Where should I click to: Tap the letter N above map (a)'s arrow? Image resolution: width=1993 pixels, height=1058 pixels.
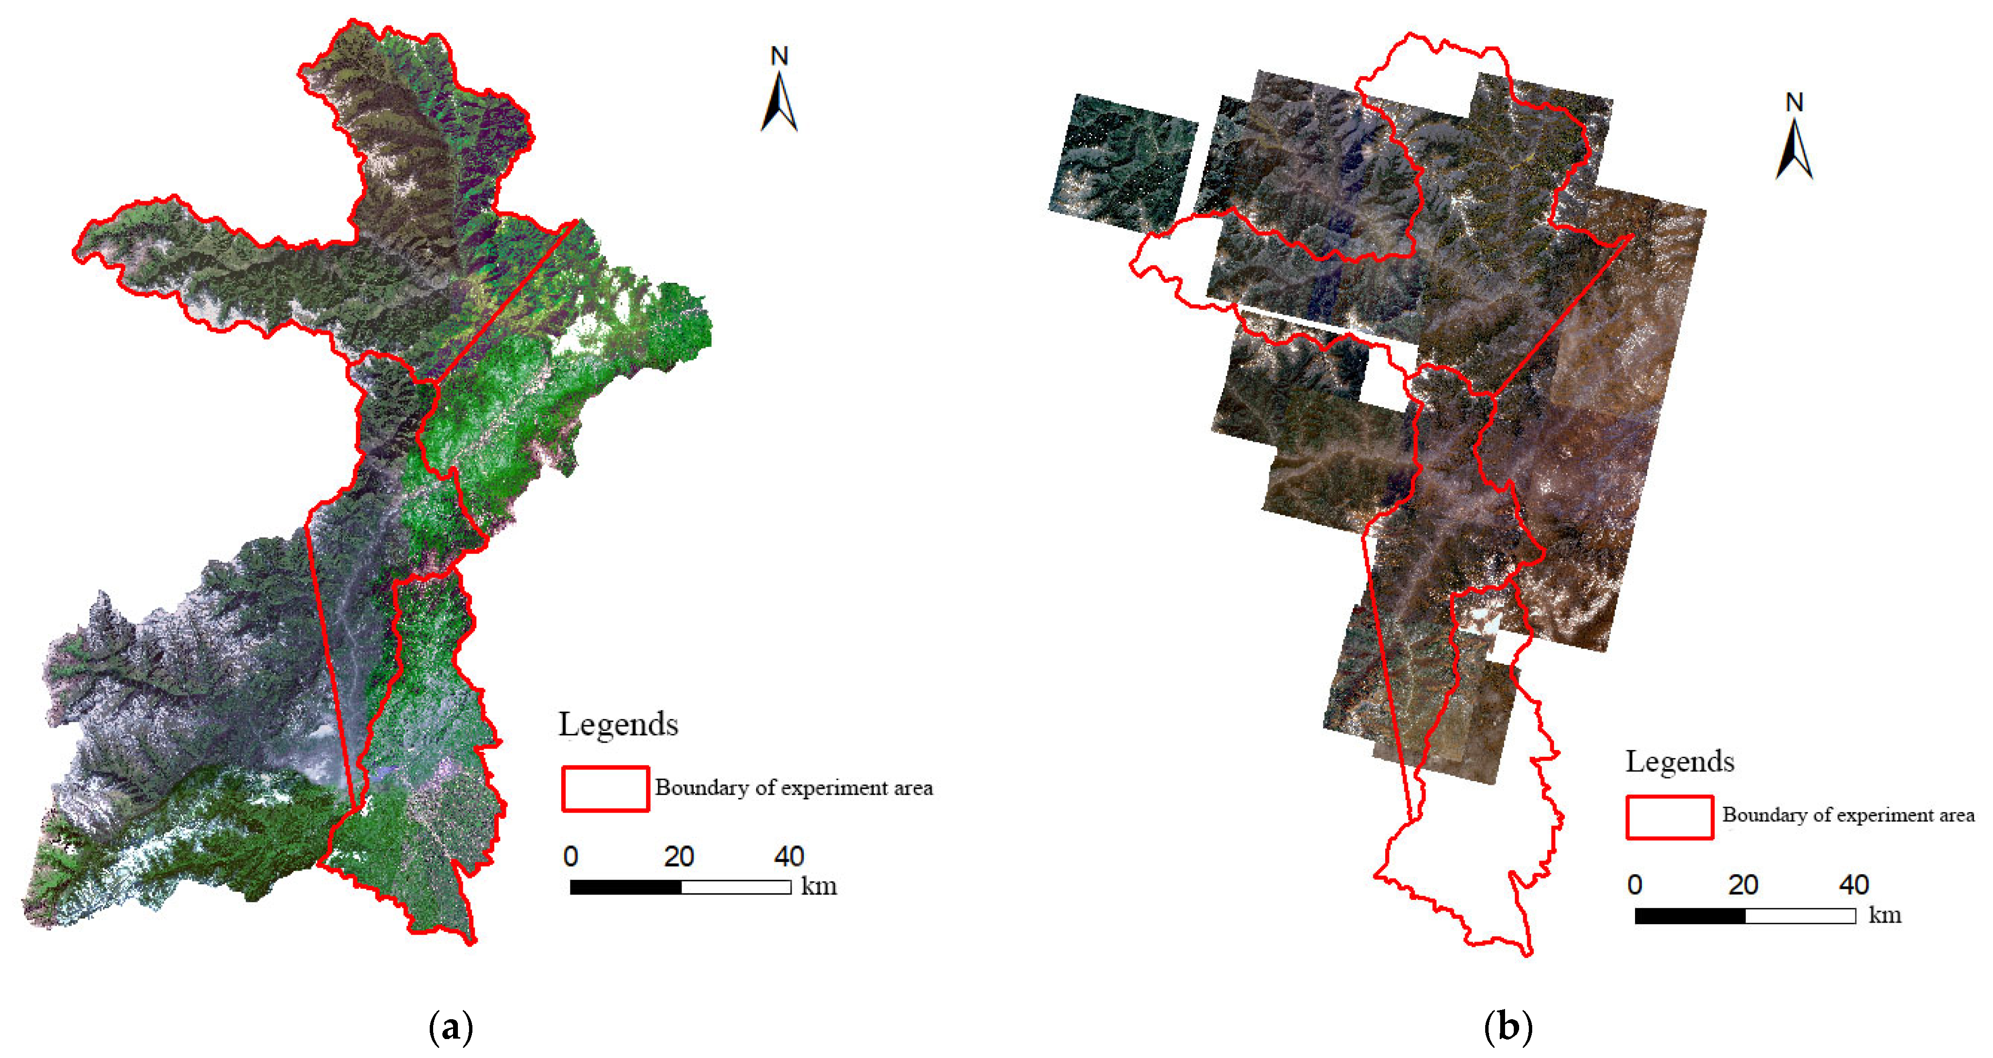click(779, 56)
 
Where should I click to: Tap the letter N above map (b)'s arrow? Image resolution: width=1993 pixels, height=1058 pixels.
click(1794, 102)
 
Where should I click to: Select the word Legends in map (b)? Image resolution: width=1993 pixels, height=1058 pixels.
click(1680, 762)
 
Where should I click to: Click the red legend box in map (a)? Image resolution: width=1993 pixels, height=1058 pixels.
click(605, 789)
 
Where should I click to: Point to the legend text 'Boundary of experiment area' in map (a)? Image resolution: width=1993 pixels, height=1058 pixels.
click(794, 788)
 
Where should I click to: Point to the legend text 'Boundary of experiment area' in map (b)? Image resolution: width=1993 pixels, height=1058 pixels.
click(1847, 815)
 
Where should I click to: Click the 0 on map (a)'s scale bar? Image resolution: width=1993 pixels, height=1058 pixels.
click(571, 856)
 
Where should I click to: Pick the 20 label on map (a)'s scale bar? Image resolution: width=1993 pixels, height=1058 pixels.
click(679, 856)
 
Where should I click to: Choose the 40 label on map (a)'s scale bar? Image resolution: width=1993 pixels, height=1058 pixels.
click(789, 856)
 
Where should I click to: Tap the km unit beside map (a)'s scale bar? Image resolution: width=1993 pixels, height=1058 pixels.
click(819, 886)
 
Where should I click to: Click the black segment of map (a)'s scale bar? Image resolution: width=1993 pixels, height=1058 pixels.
click(626, 887)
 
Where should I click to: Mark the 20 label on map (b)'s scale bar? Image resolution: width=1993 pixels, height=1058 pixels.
click(1743, 885)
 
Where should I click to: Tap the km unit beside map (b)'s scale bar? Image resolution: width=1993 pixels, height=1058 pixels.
click(1885, 915)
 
